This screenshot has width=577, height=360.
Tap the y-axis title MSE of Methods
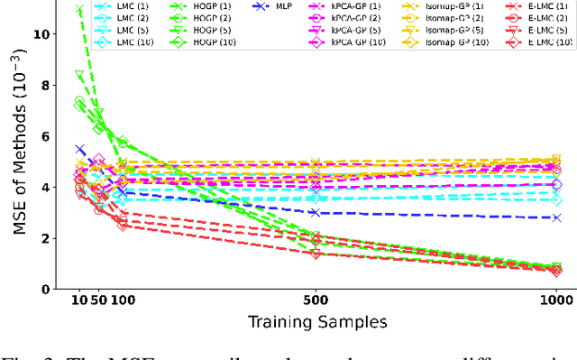click(x=21, y=148)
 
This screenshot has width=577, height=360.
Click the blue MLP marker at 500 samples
click(x=316, y=213)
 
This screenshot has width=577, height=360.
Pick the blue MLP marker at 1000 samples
click(x=556, y=217)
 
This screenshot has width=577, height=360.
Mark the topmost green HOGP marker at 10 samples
click(x=79, y=10)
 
